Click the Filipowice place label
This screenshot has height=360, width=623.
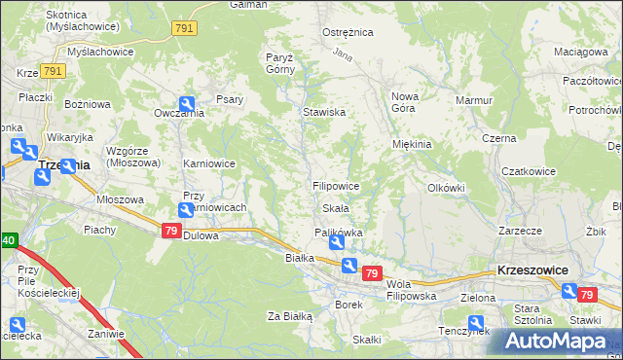(337, 185)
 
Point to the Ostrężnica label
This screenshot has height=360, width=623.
(348, 32)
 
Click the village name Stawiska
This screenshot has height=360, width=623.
(324, 112)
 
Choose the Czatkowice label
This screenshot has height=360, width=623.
(529, 171)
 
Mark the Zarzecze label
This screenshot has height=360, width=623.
(519, 232)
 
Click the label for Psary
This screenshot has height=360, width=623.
(230, 98)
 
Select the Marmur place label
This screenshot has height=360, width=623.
(474, 99)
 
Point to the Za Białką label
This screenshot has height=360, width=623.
(289, 316)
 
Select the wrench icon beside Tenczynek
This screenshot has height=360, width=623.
(476, 323)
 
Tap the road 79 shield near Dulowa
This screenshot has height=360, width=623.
(170, 230)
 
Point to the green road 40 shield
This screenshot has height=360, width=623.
(8, 241)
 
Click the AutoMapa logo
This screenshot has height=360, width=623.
(556, 342)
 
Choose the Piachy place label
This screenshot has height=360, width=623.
(100, 230)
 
